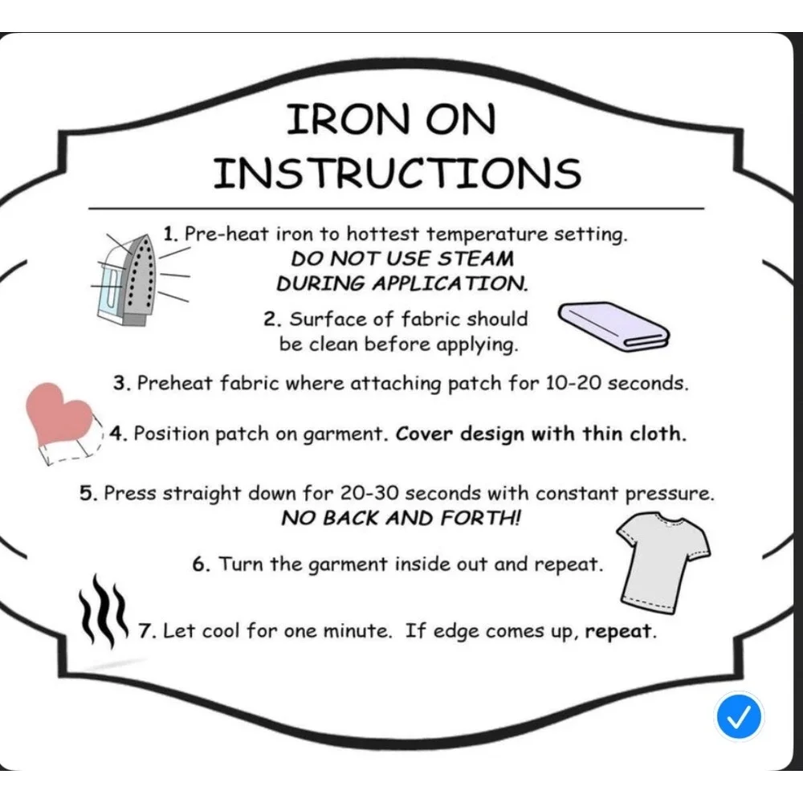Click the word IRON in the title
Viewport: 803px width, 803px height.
click(x=349, y=119)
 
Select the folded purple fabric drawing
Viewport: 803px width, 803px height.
click(x=613, y=326)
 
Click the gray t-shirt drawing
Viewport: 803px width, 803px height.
click(x=663, y=564)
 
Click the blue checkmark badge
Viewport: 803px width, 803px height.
click(x=739, y=716)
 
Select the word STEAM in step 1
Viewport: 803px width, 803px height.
click(x=475, y=259)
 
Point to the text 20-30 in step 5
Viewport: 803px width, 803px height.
click(x=369, y=493)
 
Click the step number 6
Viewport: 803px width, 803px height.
click(x=200, y=565)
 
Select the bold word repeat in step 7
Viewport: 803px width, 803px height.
click(x=619, y=631)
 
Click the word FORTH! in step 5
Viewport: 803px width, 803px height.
click(x=480, y=518)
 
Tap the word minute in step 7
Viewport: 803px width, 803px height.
click(x=357, y=631)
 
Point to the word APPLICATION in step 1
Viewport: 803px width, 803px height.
click(x=449, y=283)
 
